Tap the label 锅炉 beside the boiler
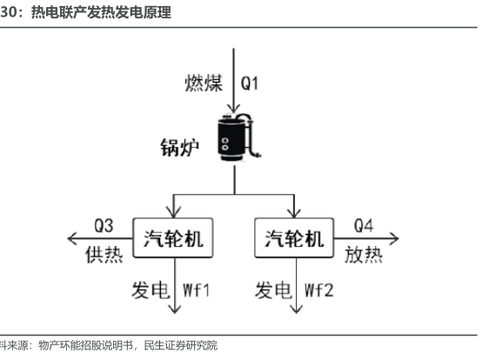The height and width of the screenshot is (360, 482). click(x=180, y=148)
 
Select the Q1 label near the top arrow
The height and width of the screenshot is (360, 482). click(x=250, y=83)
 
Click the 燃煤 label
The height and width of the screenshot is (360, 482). click(x=204, y=83)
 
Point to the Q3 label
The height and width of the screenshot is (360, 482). click(x=104, y=225)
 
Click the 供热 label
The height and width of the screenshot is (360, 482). click(x=104, y=255)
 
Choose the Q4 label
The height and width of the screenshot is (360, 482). click(x=364, y=225)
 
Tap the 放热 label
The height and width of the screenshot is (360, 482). click(x=364, y=255)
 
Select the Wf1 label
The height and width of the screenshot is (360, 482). click(x=196, y=290)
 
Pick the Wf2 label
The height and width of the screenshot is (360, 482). click(x=318, y=290)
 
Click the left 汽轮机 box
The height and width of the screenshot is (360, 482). click(x=173, y=237)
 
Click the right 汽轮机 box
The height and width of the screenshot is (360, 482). click(x=294, y=237)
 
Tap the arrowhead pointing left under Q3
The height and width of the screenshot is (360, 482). click(x=71, y=238)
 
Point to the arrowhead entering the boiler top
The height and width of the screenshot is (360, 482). click(x=234, y=109)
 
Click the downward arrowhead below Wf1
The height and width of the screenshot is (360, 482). click(x=175, y=310)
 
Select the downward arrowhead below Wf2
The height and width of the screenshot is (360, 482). click(x=297, y=310)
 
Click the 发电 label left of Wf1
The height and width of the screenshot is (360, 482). click(x=151, y=290)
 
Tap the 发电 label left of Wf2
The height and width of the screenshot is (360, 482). click(x=273, y=290)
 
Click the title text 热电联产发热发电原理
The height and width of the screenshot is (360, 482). click(x=101, y=12)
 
